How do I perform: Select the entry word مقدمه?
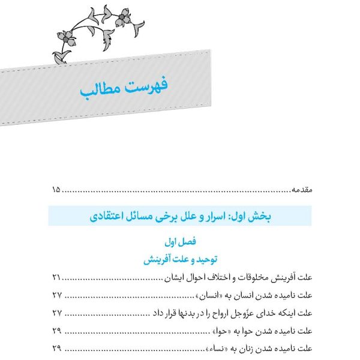pyautogui.click(x=301, y=190)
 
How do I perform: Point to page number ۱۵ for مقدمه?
pyautogui.click(x=56, y=190)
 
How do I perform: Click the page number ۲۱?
pyautogui.click(x=56, y=278)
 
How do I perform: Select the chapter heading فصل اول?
pyautogui.click(x=180, y=242)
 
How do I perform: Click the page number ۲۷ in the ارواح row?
pyautogui.click(x=56, y=313)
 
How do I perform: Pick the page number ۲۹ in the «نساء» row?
pyautogui.click(x=56, y=348)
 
